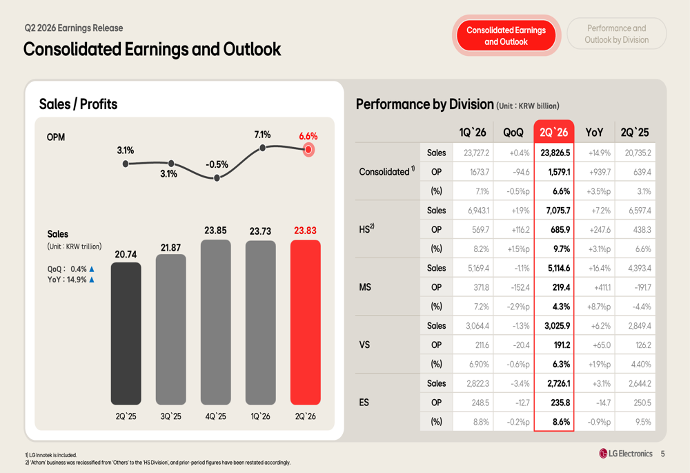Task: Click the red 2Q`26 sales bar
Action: (306, 322)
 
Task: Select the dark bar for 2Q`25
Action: (126, 334)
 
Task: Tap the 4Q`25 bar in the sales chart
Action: (215, 322)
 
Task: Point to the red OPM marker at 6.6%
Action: (308, 150)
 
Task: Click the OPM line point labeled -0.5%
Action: (217, 178)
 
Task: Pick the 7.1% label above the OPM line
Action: (262, 135)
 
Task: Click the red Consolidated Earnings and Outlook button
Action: (506, 36)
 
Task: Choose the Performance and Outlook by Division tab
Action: (616, 34)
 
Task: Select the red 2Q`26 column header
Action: (553, 132)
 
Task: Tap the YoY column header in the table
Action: (594, 132)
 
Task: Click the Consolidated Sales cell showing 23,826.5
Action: (555, 153)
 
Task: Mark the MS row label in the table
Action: (365, 287)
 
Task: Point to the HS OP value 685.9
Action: (560, 229)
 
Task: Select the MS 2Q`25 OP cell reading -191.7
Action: (643, 287)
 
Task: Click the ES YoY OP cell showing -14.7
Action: (602, 403)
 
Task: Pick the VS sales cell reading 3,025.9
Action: (557, 326)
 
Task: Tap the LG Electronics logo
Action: (626, 454)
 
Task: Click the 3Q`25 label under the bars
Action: (170, 416)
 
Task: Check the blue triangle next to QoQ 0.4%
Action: (92, 269)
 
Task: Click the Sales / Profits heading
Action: (79, 104)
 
